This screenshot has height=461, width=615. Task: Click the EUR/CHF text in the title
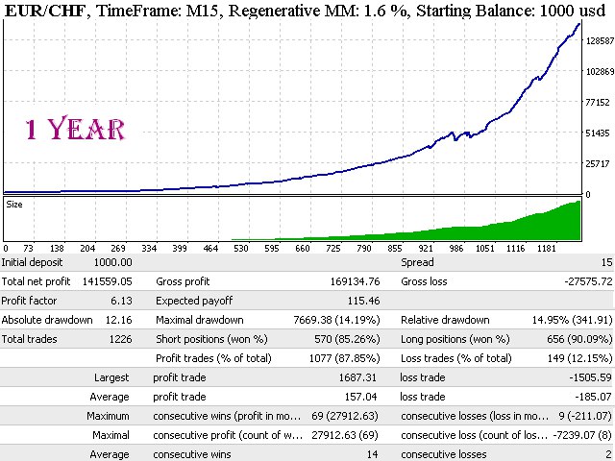tap(45, 11)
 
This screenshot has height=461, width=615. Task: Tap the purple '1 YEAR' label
tap(75, 129)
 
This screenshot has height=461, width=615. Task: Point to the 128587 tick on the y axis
tap(600, 40)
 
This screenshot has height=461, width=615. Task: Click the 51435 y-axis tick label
tap(598, 133)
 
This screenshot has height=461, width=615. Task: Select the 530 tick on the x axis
tap(241, 248)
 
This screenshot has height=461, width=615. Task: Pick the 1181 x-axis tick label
tap(547, 248)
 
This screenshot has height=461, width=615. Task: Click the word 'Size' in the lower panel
tap(14, 205)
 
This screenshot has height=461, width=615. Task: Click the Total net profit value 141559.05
tap(107, 281)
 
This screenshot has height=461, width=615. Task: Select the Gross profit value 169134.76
tap(355, 281)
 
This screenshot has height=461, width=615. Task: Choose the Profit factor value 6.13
tap(121, 301)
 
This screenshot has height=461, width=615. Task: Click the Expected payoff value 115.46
tap(363, 301)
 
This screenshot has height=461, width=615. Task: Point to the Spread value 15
tap(606, 262)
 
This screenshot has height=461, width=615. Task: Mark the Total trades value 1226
tap(120, 339)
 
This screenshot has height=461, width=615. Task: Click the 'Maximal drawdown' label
tap(200, 320)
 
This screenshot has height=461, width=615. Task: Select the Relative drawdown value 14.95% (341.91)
tap(573, 320)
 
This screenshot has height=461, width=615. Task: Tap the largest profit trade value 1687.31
tap(357, 377)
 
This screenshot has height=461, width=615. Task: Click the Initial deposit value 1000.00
tap(113, 262)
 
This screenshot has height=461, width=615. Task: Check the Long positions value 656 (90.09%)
tap(579, 339)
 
